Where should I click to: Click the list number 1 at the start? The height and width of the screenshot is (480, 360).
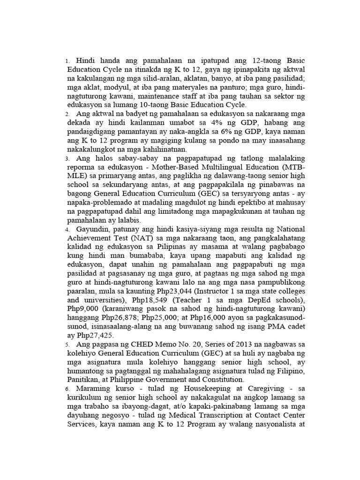coord(67,61)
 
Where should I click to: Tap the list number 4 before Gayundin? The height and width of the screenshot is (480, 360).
coord(67,230)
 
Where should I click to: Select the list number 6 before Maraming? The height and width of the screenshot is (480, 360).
coord(67,390)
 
